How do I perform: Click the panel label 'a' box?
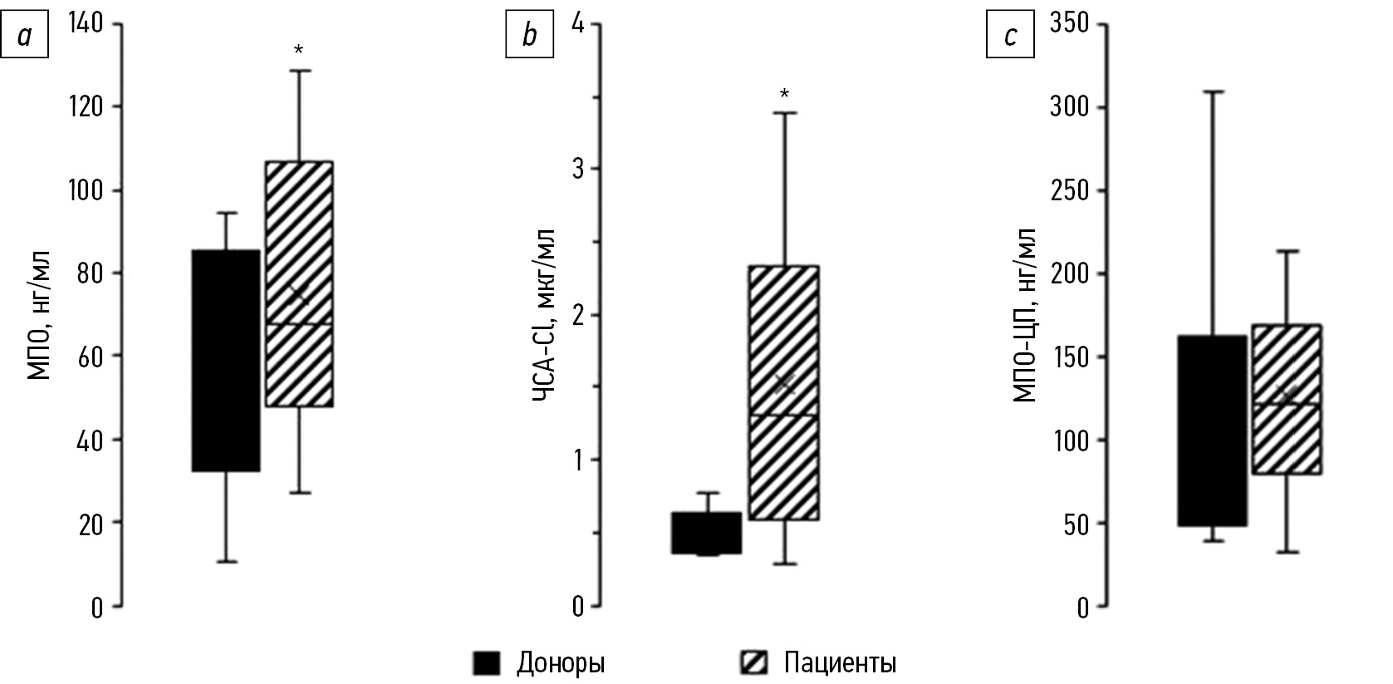pyautogui.click(x=24, y=37)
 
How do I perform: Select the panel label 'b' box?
pyautogui.click(x=529, y=37)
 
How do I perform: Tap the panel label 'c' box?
pyautogui.click(x=1009, y=37)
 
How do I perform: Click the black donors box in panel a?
pyautogui.click(x=226, y=360)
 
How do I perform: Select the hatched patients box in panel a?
pyautogui.click(x=298, y=283)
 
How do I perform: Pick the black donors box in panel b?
pyautogui.click(x=707, y=533)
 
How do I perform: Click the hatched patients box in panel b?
pyautogui.click(x=783, y=392)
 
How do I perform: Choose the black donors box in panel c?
pyautogui.click(x=1213, y=431)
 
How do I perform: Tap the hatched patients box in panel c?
pyautogui.click(x=1287, y=399)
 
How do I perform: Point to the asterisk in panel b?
pyautogui.click(x=783, y=94)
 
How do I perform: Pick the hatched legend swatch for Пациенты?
pyautogui.click(x=753, y=662)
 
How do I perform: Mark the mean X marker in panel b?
pyautogui.click(x=784, y=382)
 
